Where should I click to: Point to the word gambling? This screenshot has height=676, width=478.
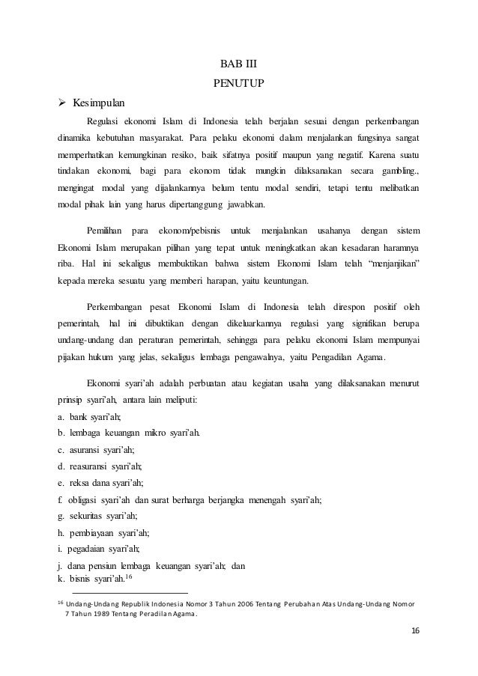click(398, 174)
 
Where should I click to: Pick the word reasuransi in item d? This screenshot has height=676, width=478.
click(92, 466)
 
